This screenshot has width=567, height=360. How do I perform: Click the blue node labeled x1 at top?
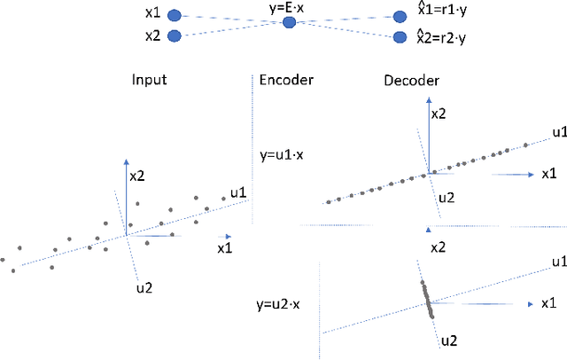pyautogui.click(x=175, y=16)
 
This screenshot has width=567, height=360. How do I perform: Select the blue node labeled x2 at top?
pyautogui.click(x=175, y=35)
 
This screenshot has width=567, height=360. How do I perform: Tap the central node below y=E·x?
pyautogui.click(x=288, y=22)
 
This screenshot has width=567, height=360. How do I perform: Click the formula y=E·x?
pyautogui.click(x=288, y=8)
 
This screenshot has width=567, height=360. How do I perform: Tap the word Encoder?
pyautogui.click(x=286, y=80)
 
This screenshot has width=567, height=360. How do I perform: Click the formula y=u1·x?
pyautogui.click(x=283, y=153)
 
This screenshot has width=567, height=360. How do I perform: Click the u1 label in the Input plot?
pyautogui.click(x=237, y=192)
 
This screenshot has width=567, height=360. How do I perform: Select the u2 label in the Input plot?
pyautogui.click(x=144, y=286)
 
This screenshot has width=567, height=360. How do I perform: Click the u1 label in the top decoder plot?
pyautogui.click(x=558, y=132)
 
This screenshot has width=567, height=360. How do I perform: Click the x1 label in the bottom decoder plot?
pyautogui.click(x=549, y=303)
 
